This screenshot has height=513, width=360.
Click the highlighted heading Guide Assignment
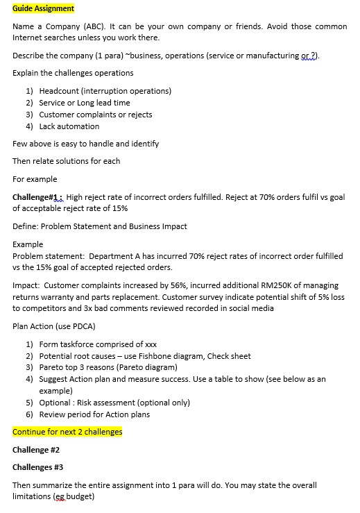point(43,8)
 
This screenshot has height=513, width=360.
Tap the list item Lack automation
point(69,126)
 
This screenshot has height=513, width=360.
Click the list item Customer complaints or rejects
point(95,115)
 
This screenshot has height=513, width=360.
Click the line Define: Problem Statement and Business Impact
point(99,226)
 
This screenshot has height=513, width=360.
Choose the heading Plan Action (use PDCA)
point(53,326)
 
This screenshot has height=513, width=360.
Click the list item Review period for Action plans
point(94,414)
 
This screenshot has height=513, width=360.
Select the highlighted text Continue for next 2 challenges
point(67,432)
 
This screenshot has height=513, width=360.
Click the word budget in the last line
point(80,497)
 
